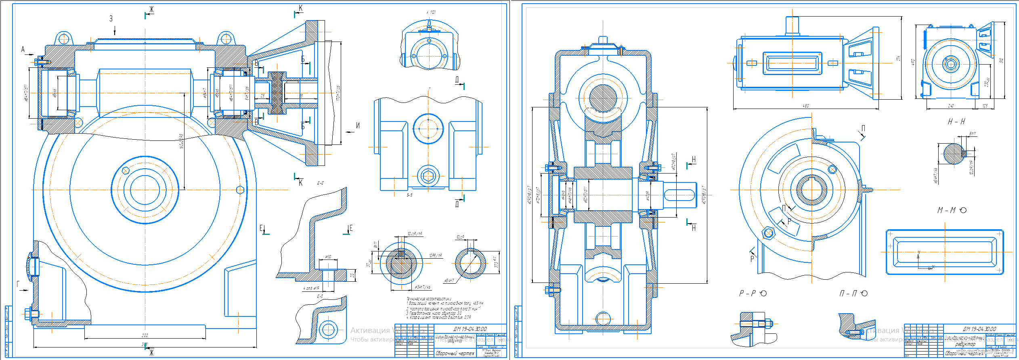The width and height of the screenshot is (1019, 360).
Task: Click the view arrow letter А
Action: click(x=23, y=50)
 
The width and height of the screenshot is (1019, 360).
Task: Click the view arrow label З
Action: click(x=111, y=19)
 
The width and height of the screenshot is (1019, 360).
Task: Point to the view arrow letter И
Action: click(x=358, y=126)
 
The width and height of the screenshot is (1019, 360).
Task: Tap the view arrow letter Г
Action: click(x=18, y=284)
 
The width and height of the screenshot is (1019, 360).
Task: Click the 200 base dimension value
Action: click(x=145, y=335)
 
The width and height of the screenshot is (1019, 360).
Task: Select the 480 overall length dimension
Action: click(x=805, y=106)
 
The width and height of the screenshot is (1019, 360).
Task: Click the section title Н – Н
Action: click(x=956, y=121)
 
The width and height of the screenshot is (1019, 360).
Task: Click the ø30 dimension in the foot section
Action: click(x=328, y=257)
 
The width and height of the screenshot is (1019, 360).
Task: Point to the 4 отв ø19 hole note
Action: click(x=311, y=288)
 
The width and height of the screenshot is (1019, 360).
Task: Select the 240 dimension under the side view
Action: click(x=951, y=106)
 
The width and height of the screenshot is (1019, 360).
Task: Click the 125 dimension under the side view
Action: click(x=985, y=106)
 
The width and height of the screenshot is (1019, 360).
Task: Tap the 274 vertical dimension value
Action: click(x=899, y=59)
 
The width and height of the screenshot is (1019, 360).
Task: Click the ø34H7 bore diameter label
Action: click(x=449, y=280)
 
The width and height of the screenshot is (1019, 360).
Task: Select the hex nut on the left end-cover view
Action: click(x=428, y=176)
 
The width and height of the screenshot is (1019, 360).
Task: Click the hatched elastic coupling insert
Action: click(x=277, y=93)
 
